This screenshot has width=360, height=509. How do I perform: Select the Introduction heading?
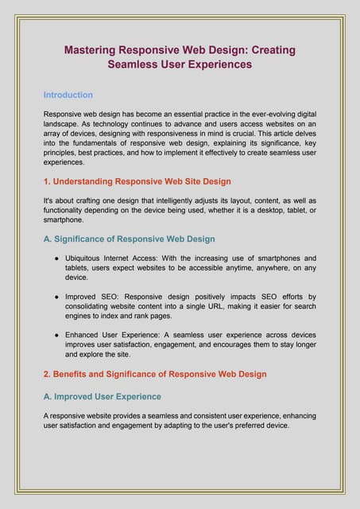tap(68, 95)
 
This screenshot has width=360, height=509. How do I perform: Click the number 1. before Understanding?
tap(47, 181)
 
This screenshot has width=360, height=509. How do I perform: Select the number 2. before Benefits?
tap(47, 373)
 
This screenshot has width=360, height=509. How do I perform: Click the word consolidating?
tap(92, 306)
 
